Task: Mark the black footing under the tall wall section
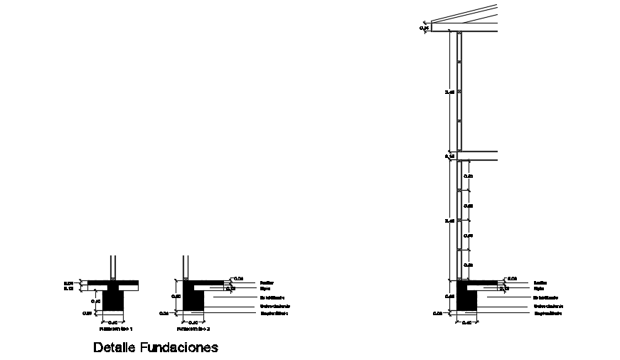pyautogui.click(x=466, y=300)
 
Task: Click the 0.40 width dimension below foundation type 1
pyautogui.click(x=112, y=322)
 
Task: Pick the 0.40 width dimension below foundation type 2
pyautogui.click(x=193, y=322)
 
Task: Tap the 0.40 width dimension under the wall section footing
pyautogui.click(x=466, y=322)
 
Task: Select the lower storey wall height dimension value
pyautogui.click(x=449, y=221)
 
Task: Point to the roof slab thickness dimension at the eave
pyautogui.click(x=423, y=28)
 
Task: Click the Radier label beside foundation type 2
pyautogui.click(x=267, y=282)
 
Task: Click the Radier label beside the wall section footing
pyautogui.click(x=540, y=282)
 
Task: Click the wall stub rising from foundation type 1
pyautogui.click(x=112, y=268)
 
